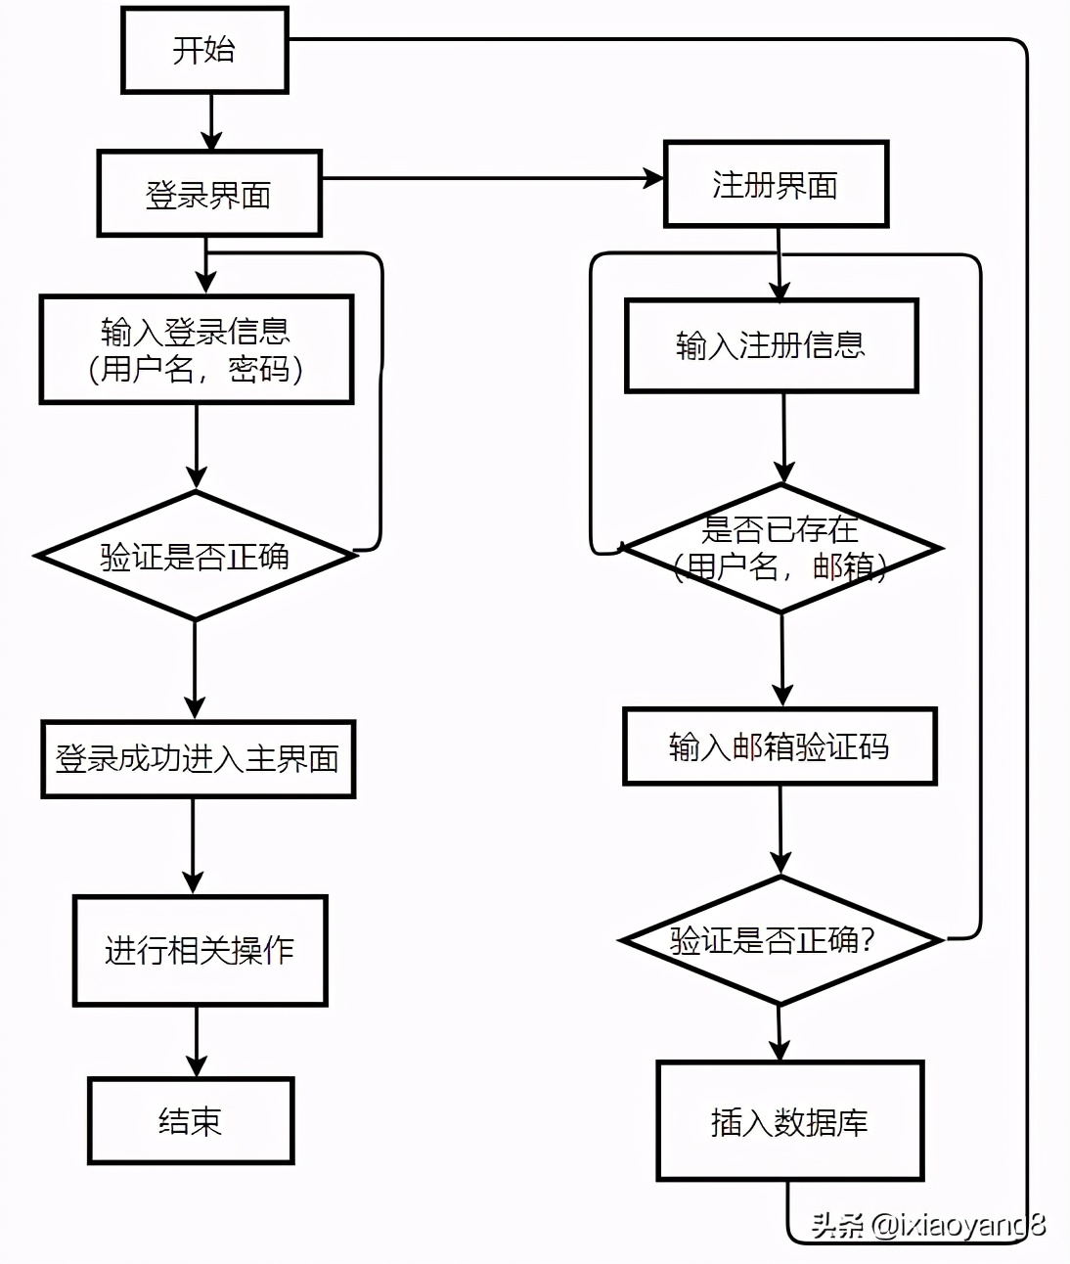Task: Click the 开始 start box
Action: click(204, 50)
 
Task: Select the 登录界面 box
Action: click(209, 194)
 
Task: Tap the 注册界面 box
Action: click(776, 184)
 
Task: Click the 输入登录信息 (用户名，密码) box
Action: click(196, 349)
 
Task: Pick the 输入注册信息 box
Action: click(771, 345)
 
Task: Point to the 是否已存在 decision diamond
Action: click(780, 548)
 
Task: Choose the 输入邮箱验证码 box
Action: click(780, 746)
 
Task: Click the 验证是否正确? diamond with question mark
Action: click(780, 940)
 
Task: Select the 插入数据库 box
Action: click(789, 1121)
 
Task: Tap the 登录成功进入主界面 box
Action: click(198, 759)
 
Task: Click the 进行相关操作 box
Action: click(200, 950)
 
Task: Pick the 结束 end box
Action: click(191, 1120)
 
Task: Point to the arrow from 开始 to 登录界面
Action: click(211, 121)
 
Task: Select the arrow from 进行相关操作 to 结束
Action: click(197, 1042)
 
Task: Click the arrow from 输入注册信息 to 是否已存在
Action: click(783, 438)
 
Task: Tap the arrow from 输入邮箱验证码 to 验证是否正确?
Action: click(780, 830)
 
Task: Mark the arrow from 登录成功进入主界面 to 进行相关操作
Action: click(194, 846)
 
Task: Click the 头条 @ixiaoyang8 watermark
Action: click(927, 1224)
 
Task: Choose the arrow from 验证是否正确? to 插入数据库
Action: click(779, 1033)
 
